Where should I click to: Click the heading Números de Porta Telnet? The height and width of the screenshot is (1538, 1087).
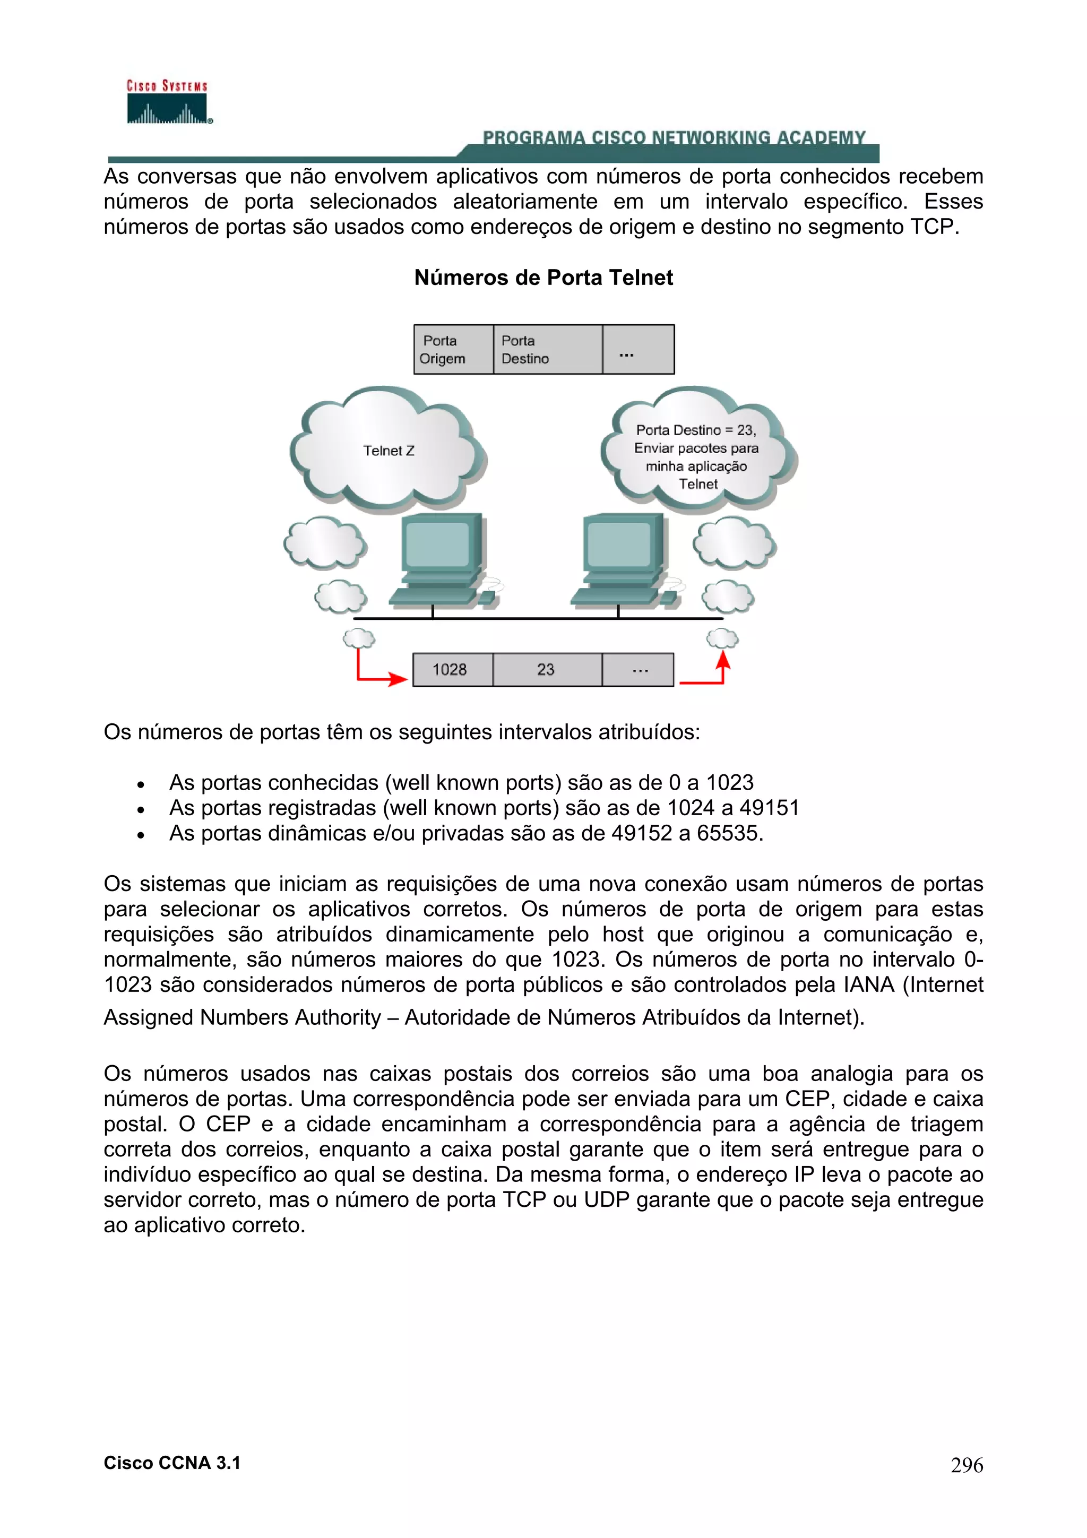pyautogui.click(x=543, y=278)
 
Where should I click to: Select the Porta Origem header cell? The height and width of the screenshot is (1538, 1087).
pyautogui.click(x=453, y=350)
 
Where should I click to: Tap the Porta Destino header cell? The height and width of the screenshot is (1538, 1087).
pyautogui.click(x=547, y=350)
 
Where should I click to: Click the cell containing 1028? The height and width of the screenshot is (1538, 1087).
pyautogui.click(x=451, y=669)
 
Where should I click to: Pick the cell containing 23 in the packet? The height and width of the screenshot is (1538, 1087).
pyautogui.click(x=546, y=669)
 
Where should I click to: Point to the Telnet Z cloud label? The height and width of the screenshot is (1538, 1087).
pyautogui.click(x=389, y=451)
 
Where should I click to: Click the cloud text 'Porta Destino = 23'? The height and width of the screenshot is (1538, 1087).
pyautogui.click(x=695, y=430)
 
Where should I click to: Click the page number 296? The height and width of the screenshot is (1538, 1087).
pyautogui.click(x=967, y=1465)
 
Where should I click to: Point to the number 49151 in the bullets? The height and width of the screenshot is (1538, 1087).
pyautogui.click(x=769, y=808)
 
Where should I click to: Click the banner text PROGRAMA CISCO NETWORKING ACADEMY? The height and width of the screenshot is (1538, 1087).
pyautogui.click(x=674, y=138)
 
